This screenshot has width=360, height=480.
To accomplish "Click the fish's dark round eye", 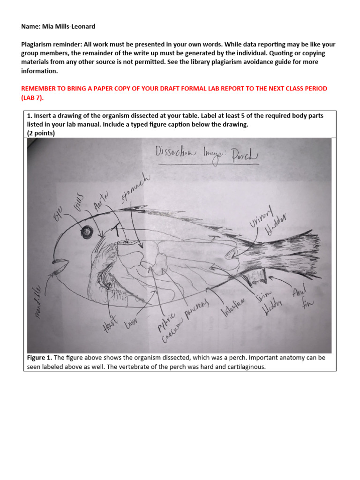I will pos(87,232).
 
